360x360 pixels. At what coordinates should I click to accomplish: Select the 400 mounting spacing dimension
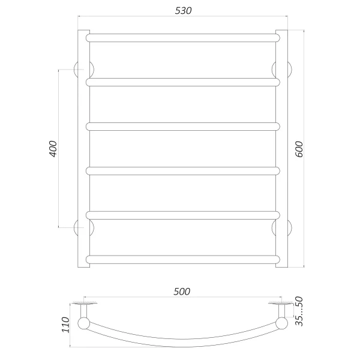coord(52,149)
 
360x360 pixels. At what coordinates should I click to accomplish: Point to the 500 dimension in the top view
coord(182,292)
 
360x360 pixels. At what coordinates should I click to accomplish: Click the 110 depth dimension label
coord(66,325)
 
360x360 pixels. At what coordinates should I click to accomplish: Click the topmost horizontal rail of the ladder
coord(183,37)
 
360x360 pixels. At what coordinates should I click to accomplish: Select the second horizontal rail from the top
coord(183,82)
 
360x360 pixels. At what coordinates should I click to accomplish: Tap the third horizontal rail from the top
coord(183,126)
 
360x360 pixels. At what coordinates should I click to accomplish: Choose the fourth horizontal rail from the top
coord(183,170)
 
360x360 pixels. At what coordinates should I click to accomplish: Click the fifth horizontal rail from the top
coord(183,215)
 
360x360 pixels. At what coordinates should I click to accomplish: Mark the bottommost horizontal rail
coord(183,259)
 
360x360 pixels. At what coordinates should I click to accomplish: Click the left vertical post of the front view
coord(83,150)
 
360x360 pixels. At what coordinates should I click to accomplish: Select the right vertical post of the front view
coord(283,150)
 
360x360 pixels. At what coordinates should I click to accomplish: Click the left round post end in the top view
coord(84,326)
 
